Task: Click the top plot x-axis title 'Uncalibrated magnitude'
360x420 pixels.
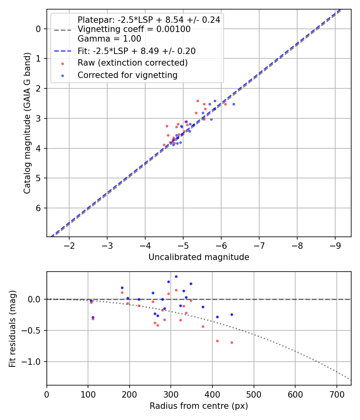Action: pos(199,257)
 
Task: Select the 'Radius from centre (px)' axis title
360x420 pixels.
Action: pos(199,406)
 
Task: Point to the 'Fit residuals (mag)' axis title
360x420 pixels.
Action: pos(13,328)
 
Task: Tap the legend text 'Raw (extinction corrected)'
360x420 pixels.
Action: pos(132,63)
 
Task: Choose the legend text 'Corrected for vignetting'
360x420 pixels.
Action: pos(127,75)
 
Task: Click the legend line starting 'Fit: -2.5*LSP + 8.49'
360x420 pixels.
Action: pos(136,51)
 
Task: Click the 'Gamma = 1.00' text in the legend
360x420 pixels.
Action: pos(109,39)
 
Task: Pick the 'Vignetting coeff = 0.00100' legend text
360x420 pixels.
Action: pos(134,29)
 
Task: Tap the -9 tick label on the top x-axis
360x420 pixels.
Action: pos(335,244)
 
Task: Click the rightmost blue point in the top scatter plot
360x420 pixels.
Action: pos(234,104)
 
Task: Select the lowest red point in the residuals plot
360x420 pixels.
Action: pos(232,342)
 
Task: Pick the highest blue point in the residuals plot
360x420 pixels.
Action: pos(176,276)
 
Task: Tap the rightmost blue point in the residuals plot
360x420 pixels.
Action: pos(232,314)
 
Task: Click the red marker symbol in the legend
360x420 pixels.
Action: pos(62,63)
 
